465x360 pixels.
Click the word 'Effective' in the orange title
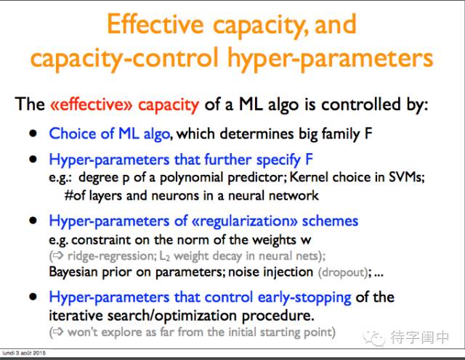[x=155, y=24]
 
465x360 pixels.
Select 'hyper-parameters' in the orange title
[x=330, y=58]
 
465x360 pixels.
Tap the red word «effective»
[x=91, y=105]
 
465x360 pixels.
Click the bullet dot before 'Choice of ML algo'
[x=33, y=134]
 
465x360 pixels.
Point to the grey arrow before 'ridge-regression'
[x=58, y=255]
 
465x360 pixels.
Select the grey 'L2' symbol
[x=165, y=256]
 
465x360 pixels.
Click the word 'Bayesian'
[x=73, y=272]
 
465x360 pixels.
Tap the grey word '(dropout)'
[x=343, y=272]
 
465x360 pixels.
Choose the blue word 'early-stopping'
[x=304, y=298]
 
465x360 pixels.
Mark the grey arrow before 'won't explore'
[x=58, y=332]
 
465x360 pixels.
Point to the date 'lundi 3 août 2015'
[x=24, y=353]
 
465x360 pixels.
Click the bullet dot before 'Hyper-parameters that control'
[x=33, y=297]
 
